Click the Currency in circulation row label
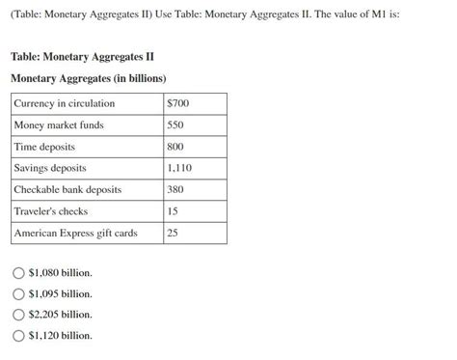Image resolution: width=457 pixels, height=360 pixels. (65, 103)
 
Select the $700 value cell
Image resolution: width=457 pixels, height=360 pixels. (178, 103)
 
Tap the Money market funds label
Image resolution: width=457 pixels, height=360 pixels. (59, 125)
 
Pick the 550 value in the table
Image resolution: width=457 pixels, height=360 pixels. (175, 125)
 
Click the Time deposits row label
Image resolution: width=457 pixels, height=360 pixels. (44, 147)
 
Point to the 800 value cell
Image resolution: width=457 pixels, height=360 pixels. (175, 147)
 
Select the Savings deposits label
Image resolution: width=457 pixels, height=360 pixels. (50, 168)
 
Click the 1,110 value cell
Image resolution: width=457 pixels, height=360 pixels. (179, 168)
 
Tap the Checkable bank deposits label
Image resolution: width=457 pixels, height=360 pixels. (67, 189)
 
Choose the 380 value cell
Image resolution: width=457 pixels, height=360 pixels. (175, 189)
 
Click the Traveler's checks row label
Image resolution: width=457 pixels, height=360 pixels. (51, 210)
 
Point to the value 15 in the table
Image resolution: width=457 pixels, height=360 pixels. (173, 210)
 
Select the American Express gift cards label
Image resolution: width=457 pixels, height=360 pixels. (75, 233)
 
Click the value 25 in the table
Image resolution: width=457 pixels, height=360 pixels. (173, 233)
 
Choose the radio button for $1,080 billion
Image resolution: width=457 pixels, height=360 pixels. (18, 273)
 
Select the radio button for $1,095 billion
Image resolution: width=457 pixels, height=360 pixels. (18, 293)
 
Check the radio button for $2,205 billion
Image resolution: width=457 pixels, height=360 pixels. (18, 315)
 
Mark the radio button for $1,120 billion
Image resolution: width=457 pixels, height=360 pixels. (18, 335)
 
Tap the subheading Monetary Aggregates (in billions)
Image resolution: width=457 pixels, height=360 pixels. (89, 78)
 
